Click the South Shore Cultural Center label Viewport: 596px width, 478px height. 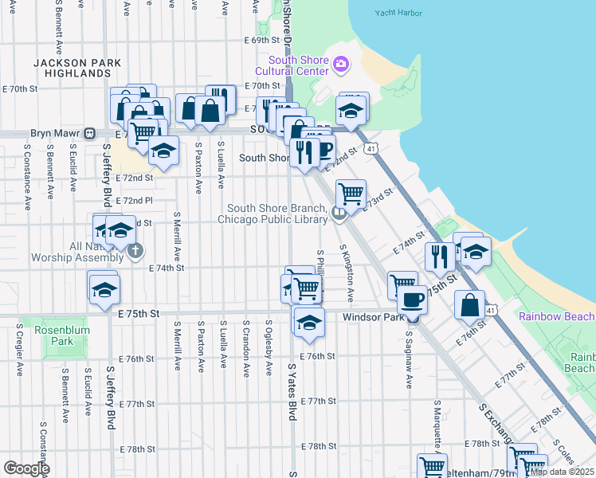pyautogui.click(x=299, y=65)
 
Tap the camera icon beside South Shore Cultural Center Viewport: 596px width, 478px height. pyautogui.click(x=341, y=64)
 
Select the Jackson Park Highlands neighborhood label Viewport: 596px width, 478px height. pyautogui.click(x=77, y=68)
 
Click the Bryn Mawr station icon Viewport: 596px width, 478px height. pyautogui.click(x=91, y=134)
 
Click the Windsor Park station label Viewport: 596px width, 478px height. pyautogui.click(x=374, y=317)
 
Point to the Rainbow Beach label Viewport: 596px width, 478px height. pyautogui.click(x=557, y=316)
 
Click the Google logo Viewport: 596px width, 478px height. pyautogui.click(x=26, y=468)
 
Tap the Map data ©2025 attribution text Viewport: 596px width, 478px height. pyautogui.click(x=562, y=472)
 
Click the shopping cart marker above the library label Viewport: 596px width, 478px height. pyautogui.click(x=351, y=192)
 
